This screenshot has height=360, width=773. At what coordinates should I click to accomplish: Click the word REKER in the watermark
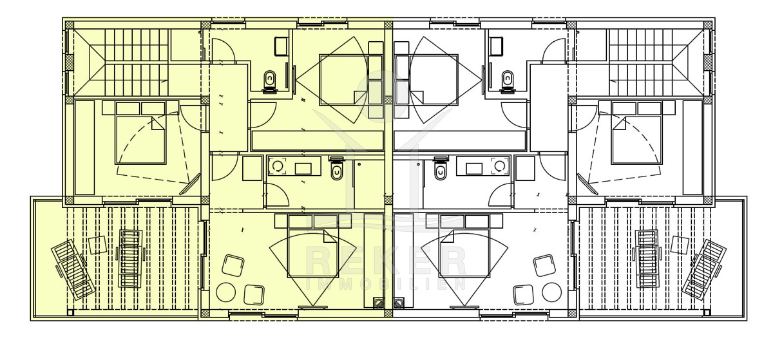coord(386,262)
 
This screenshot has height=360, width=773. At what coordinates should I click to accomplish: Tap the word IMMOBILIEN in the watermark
coord(386,284)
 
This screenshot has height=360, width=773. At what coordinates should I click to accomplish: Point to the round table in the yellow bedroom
coord(225,292)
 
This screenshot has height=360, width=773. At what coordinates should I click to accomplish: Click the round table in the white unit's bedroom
coord(551,292)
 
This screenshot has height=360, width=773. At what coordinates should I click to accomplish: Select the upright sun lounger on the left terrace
coord(130,259)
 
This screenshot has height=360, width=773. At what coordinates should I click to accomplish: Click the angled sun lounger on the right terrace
coord(704,270)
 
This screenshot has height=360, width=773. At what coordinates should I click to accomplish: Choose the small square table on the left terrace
coord(98,245)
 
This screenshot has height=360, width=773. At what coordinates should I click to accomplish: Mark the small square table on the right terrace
coord(680,245)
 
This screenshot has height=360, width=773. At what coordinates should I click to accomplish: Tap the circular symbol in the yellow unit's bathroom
coord(277,167)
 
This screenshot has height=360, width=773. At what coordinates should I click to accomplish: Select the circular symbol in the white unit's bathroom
coord(500,167)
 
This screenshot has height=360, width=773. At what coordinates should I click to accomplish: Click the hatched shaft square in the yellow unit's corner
coord(379,303)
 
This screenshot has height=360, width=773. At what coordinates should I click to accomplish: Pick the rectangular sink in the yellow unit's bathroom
coord(303,169)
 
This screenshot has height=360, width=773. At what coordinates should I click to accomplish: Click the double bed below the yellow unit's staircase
coord(141,133)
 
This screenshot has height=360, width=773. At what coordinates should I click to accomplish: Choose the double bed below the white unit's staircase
coord(636,133)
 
